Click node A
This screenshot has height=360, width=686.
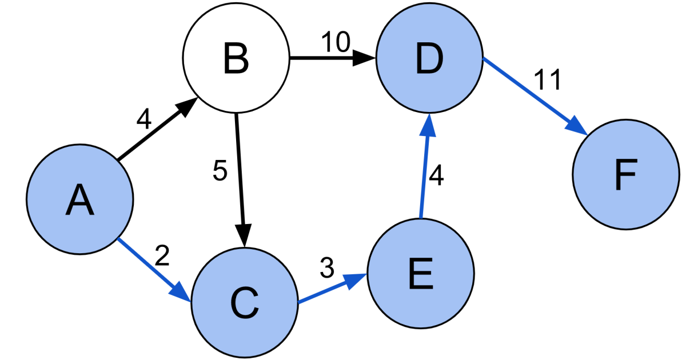coord(79,199)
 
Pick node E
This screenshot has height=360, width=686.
coord(421,275)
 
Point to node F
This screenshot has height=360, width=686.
coord(625,174)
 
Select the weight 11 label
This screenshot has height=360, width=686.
coord(548,81)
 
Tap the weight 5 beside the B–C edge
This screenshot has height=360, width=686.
coord(220,171)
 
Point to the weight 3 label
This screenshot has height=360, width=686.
coord(326,267)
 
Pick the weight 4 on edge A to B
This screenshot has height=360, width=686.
coord(144,119)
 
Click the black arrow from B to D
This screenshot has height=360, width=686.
coord(332,58)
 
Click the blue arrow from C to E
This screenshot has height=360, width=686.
coord(332,289)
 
